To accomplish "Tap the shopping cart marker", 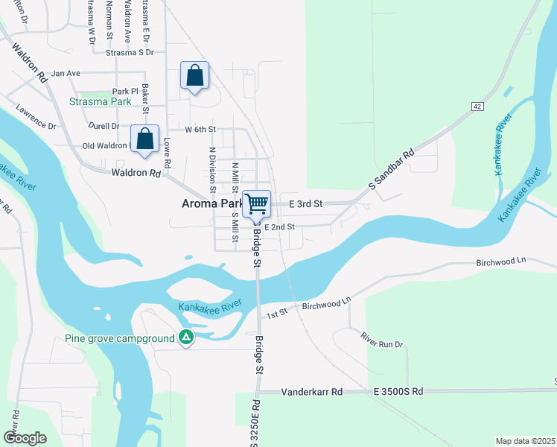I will (257, 203).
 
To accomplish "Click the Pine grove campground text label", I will (119, 338).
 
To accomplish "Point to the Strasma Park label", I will (100, 101).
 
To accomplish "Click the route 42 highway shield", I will (477, 107).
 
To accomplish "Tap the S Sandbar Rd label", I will (391, 171).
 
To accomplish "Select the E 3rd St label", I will (305, 203).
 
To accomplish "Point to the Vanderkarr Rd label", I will (311, 392).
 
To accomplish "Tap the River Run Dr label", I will (382, 340).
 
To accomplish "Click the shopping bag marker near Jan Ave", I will (194, 76).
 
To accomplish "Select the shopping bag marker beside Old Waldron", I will (144, 139).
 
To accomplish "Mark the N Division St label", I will (212, 168).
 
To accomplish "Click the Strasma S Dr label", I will (130, 53).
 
